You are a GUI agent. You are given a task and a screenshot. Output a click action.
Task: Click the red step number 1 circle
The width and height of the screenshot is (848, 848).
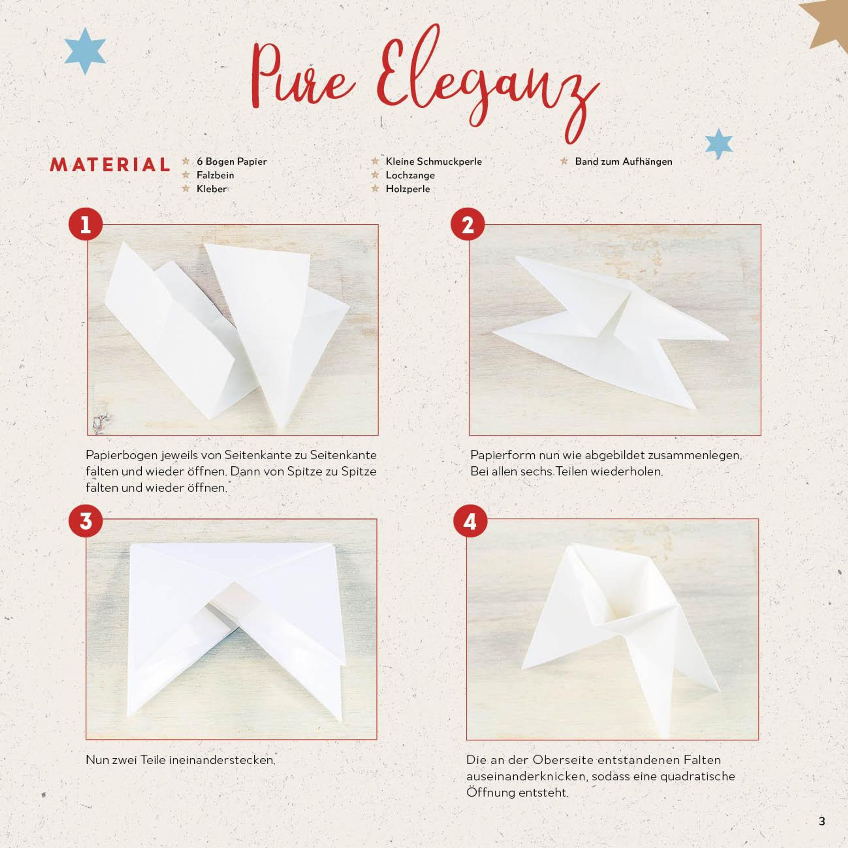pos(86,224)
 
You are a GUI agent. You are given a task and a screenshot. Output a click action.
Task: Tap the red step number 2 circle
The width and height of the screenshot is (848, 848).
pos(468,224)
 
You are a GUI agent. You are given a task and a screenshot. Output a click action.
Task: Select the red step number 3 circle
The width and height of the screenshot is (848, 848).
pos(86,521)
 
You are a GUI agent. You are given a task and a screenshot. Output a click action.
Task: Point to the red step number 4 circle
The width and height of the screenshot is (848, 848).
pos(470,521)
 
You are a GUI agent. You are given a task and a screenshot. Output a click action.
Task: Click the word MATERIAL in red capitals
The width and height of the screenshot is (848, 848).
pos(110,165)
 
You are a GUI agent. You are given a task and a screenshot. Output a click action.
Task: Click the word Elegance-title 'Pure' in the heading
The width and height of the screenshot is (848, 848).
pos(302,75)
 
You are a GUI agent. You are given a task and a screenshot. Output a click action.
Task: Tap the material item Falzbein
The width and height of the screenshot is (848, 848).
pos(215,175)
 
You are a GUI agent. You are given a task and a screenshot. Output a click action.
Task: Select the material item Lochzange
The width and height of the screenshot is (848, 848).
pos(410,175)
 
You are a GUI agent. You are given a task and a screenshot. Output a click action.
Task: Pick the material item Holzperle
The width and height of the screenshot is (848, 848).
pos(408,189)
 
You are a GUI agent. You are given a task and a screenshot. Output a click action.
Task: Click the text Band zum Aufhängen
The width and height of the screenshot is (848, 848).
pos(623,161)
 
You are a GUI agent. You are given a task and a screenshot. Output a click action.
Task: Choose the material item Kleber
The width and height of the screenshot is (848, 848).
pos(212,189)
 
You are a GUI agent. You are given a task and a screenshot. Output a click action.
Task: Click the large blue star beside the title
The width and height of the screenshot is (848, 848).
pos(85,51)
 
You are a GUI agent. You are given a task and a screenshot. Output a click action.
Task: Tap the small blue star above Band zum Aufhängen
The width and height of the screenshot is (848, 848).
pos(719,143)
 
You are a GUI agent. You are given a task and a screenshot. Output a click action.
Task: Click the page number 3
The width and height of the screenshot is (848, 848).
pos(822,821)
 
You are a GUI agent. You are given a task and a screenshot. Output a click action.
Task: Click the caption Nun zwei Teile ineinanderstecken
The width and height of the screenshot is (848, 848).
pos(181,760)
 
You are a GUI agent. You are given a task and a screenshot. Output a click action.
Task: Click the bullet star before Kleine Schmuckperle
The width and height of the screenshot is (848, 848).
pos(375,161)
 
